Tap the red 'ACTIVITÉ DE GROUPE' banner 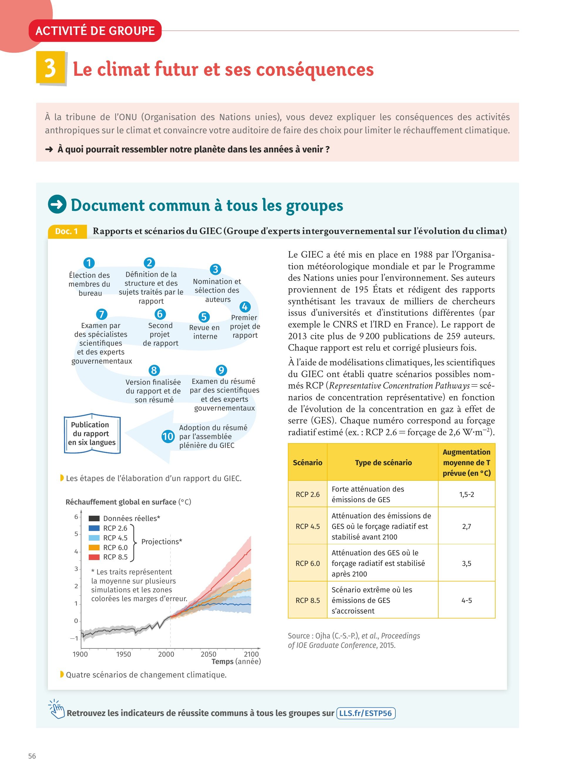[95, 31]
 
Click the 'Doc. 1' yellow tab [67, 231]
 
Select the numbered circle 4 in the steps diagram [244, 307]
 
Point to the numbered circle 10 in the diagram [168, 436]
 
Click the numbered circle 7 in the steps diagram [101, 314]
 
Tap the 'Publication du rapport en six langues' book [92, 433]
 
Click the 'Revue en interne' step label [205, 332]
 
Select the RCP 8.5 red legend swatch [94, 557]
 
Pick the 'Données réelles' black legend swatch [94, 518]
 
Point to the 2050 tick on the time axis [208, 654]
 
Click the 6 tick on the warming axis [76, 517]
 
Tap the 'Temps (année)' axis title [236, 661]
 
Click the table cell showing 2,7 [466, 526]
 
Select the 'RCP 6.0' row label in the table [308, 563]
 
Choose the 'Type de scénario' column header [383, 463]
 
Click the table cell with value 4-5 [466, 601]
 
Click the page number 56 [32, 756]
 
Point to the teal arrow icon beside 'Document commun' [57, 204]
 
